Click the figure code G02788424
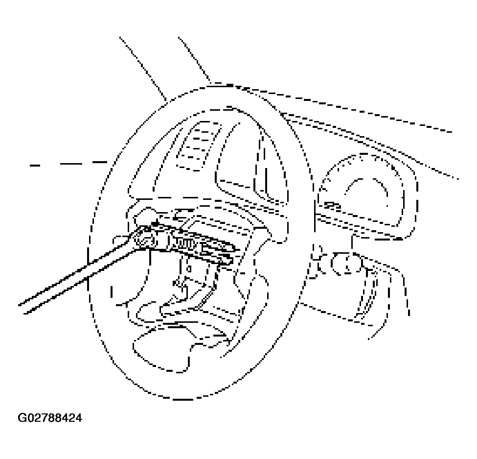50,417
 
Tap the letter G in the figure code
22,417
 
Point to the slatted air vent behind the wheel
198,145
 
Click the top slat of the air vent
206,125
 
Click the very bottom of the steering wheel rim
182,399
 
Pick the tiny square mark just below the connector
189,269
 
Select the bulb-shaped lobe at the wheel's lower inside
161,350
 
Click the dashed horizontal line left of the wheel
68,164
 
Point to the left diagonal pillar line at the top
143,69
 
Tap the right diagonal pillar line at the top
194,59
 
